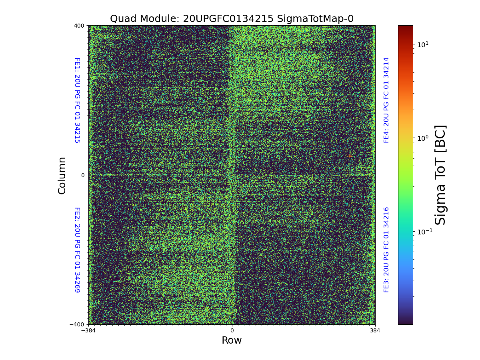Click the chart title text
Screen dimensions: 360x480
tap(232, 19)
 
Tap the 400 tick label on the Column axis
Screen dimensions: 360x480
tap(79, 26)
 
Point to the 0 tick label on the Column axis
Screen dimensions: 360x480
tap(83, 175)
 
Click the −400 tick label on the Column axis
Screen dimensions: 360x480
tap(78, 324)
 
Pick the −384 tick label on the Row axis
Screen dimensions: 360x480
tap(88, 331)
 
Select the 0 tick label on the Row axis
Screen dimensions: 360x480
tap(232, 331)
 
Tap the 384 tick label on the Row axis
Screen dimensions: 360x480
tap(375, 331)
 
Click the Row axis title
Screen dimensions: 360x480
tap(232, 340)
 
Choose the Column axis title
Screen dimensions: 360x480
tap(62, 175)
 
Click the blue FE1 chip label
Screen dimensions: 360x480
tap(77, 100)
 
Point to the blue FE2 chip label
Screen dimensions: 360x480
tap(77, 250)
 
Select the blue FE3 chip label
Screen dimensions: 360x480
tap(386, 250)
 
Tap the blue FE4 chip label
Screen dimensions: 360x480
tap(386, 100)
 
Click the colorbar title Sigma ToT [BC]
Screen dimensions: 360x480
tap(440, 175)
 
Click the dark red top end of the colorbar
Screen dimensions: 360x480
tap(405, 27)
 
